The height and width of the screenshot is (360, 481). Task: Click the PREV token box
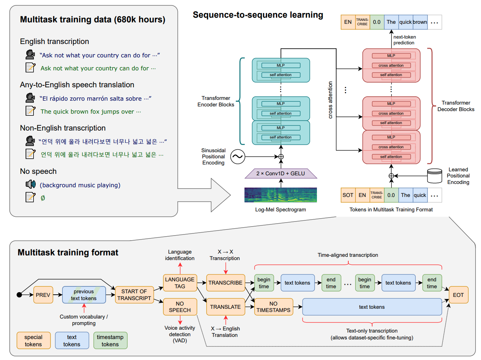(x=43, y=295)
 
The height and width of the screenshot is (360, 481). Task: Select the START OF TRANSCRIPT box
(x=134, y=295)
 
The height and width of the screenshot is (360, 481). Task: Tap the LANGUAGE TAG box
(x=180, y=283)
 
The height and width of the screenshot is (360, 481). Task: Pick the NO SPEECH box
(x=180, y=307)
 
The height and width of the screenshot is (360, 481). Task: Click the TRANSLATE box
(x=225, y=307)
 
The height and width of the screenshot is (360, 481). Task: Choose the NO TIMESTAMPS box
(x=273, y=307)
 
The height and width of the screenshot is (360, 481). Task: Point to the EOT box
(x=458, y=295)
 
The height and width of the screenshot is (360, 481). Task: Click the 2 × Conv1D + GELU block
(x=281, y=174)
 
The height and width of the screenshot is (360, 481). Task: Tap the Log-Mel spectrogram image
(x=281, y=195)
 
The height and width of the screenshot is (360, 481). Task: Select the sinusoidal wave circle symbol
(x=238, y=157)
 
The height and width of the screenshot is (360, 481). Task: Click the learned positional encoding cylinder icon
(x=434, y=176)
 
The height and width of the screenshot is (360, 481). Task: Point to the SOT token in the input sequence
(x=348, y=195)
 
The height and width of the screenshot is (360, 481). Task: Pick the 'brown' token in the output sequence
(x=420, y=22)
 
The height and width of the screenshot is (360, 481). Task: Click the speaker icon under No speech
(x=31, y=185)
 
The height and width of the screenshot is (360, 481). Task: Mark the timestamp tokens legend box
(x=110, y=341)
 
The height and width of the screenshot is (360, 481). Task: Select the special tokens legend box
(x=33, y=341)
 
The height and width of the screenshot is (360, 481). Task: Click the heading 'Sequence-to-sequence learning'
(x=258, y=15)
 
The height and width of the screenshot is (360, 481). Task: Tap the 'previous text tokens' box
(x=84, y=295)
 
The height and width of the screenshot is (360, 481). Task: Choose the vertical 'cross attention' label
(x=330, y=100)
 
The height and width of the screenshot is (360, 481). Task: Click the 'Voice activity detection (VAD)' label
(x=180, y=334)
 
